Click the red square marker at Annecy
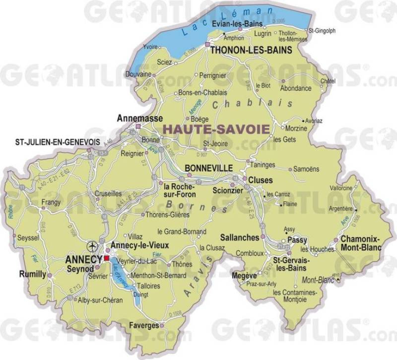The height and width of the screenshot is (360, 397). [x=107, y=258]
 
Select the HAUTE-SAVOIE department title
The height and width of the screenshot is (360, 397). [x=217, y=128]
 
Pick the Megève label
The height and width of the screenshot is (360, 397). [x=244, y=275]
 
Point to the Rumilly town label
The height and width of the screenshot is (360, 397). [x=32, y=274]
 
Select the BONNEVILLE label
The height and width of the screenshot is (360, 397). [x=208, y=169]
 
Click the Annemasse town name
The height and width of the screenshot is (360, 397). [x=133, y=119]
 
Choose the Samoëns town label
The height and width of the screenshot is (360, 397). [x=307, y=169]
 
